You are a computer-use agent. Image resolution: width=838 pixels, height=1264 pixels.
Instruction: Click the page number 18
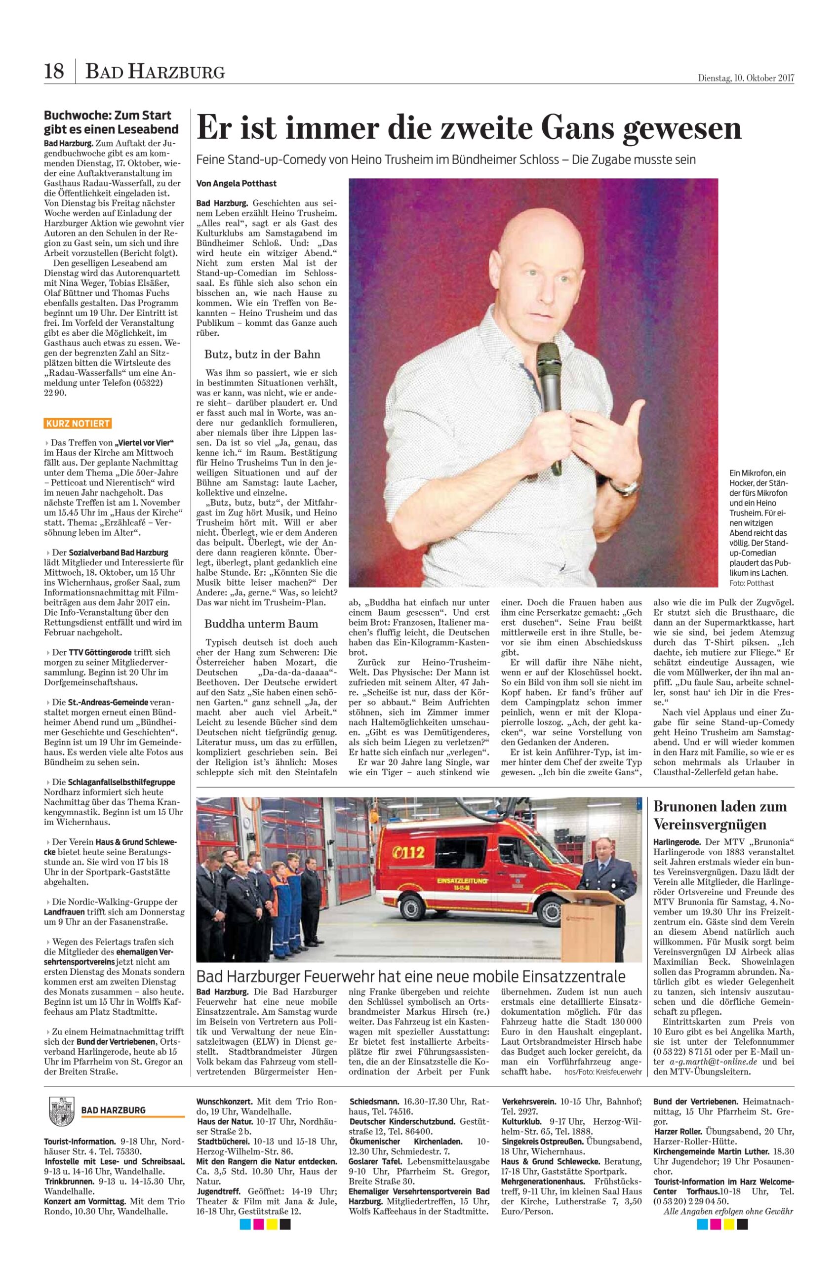tap(54, 71)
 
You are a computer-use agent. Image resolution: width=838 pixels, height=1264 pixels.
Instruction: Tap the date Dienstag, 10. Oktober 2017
tap(746, 78)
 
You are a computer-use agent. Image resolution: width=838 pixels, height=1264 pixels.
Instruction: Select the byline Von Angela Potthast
tap(237, 183)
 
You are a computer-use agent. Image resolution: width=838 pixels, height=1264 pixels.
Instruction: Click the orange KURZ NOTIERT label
tap(78, 424)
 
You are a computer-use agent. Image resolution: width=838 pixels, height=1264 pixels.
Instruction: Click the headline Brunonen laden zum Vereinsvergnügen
tap(720, 815)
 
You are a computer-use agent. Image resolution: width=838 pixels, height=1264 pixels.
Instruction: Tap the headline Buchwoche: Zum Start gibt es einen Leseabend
tap(111, 122)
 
